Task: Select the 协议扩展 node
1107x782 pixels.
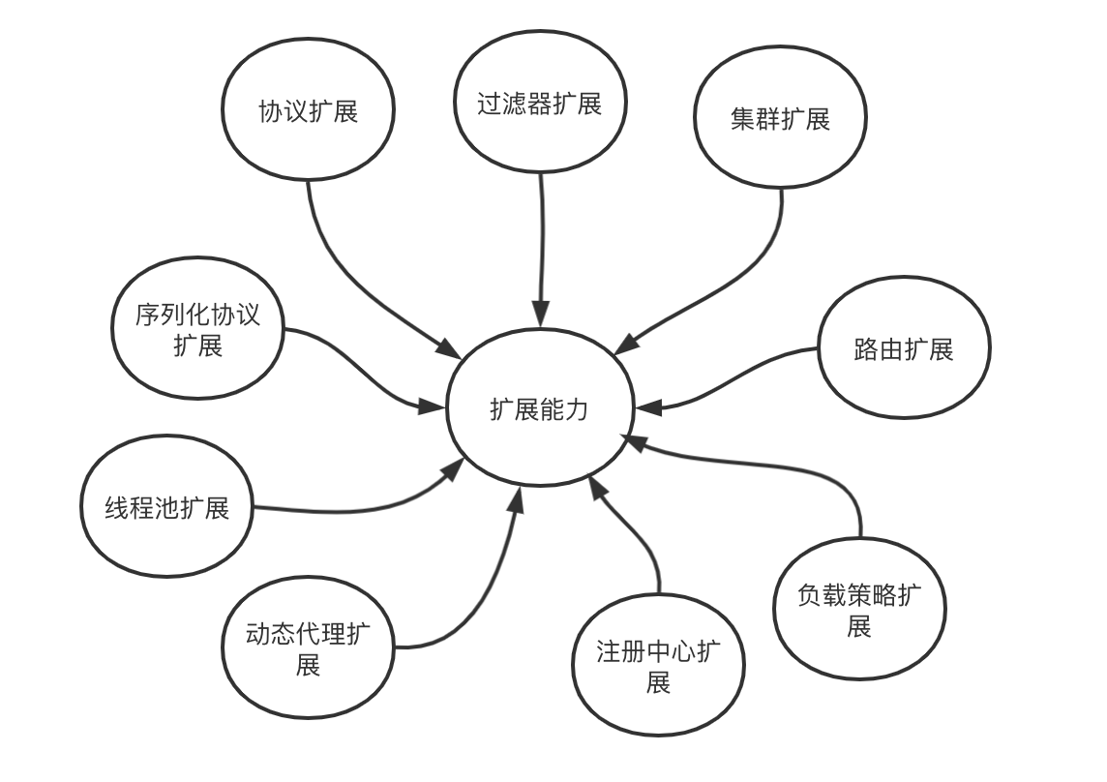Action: (308, 111)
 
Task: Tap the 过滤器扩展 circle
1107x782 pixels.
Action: (540, 105)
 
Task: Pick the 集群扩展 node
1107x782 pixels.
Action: (781, 119)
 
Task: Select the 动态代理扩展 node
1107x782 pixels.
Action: (308, 649)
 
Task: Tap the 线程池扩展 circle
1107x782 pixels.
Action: (167, 507)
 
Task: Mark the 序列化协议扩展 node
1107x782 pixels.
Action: (198, 330)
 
